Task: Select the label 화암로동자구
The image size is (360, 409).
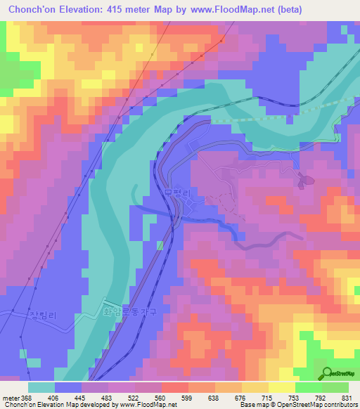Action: (x=131, y=306)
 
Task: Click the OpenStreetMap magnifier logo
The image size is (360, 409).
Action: (x=328, y=373)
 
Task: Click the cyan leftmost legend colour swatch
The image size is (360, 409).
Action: (x=41, y=387)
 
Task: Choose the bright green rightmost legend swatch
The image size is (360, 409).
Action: (x=335, y=387)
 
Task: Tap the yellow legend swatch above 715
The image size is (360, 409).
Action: (x=255, y=387)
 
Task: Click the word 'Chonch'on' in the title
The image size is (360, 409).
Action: (x=32, y=9)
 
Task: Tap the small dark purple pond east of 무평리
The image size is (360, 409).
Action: (x=302, y=180)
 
